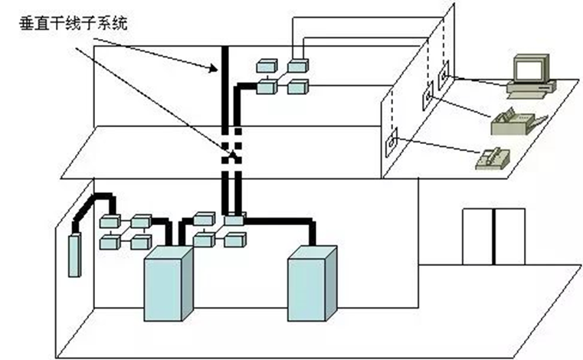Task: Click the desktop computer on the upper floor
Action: (530, 77)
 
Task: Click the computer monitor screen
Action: (530, 70)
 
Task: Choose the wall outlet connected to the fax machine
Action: (427, 98)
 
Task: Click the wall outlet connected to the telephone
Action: (391, 141)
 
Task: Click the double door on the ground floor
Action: (494, 235)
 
